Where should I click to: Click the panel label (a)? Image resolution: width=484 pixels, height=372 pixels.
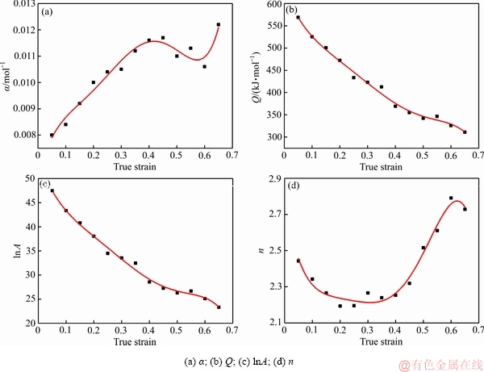click(x=48, y=12)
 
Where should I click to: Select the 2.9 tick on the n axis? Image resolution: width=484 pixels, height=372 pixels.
click(x=269, y=178)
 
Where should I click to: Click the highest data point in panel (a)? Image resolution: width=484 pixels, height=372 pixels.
click(x=219, y=25)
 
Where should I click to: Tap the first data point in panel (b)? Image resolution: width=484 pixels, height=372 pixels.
click(x=298, y=17)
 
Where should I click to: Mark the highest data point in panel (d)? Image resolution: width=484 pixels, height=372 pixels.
click(x=451, y=198)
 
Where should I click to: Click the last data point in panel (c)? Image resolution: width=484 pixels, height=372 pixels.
click(x=219, y=307)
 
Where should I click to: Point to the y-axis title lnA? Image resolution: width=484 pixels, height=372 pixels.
click(x=10, y=250)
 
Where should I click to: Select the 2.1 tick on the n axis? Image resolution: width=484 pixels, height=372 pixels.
click(x=269, y=323)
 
